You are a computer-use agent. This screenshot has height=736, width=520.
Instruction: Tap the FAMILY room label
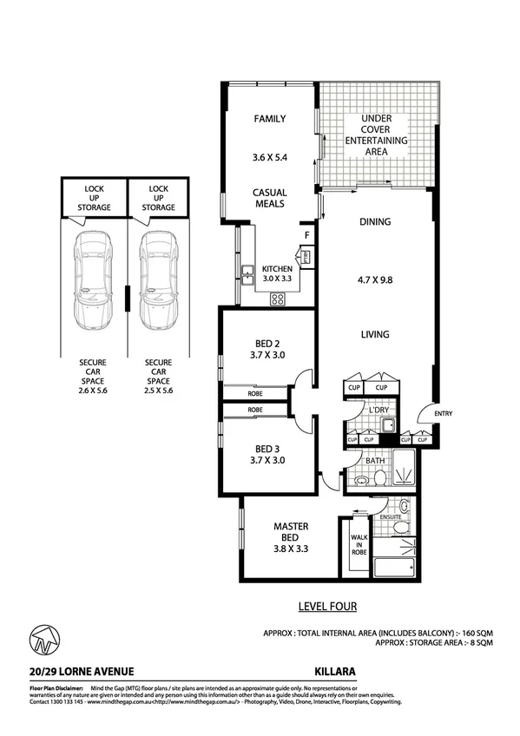269,119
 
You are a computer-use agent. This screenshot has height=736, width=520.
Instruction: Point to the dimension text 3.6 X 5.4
269,159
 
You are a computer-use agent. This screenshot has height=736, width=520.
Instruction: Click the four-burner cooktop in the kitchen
279,299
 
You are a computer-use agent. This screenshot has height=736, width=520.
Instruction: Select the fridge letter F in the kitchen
306,235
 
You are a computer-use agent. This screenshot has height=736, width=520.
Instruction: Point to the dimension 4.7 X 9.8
375,279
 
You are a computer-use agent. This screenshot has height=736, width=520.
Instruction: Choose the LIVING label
375,334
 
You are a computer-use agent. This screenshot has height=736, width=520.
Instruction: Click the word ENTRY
443,414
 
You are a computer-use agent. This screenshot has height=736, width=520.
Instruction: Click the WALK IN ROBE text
359,547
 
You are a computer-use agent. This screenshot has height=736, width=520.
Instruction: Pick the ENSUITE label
391,517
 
